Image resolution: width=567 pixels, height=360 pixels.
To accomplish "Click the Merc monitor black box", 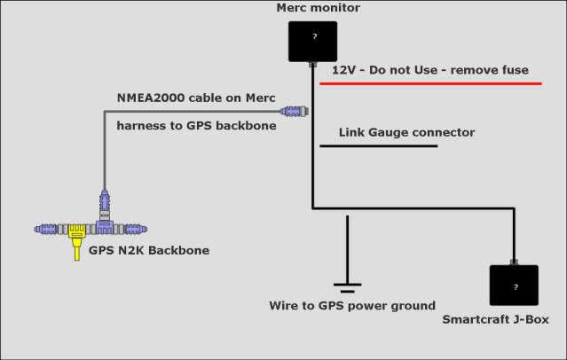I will (x=312, y=41).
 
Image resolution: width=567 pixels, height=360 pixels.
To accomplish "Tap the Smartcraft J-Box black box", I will (x=514, y=285).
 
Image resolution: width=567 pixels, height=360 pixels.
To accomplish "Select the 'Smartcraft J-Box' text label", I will (x=496, y=318).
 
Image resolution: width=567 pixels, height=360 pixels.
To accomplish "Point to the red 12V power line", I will (x=430, y=83).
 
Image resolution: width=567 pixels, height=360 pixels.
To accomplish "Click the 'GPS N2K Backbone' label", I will (x=149, y=251).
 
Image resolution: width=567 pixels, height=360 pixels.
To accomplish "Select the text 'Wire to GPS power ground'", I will (x=352, y=306).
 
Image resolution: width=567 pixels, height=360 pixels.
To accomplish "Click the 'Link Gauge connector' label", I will (x=406, y=133).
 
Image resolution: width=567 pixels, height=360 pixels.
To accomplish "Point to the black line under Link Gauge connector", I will (x=379, y=145).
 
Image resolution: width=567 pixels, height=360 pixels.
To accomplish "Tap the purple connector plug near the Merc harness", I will (x=293, y=112).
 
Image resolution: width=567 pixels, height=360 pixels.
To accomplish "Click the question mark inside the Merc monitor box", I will (x=312, y=37).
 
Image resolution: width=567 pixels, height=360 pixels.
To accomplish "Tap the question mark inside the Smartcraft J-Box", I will (x=514, y=287).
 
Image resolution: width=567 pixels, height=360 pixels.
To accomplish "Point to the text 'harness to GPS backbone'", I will (x=197, y=126).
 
